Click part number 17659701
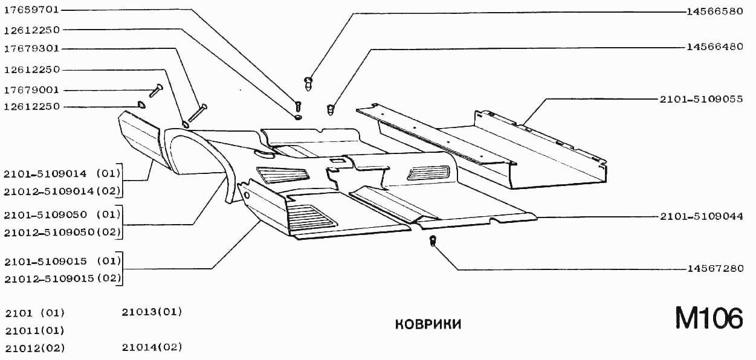(31, 10)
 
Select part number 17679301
(31, 48)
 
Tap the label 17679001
(31, 90)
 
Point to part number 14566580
(715, 11)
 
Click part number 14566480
(715, 47)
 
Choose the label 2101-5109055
(701, 99)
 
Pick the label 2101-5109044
(701, 216)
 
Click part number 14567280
(715, 269)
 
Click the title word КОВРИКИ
(428, 325)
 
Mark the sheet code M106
(708, 319)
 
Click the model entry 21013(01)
(152, 312)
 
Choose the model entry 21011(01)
(34, 330)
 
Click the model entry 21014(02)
(152, 347)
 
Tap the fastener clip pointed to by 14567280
(433, 242)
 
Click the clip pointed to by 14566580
(309, 82)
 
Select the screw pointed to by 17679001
(156, 90)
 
